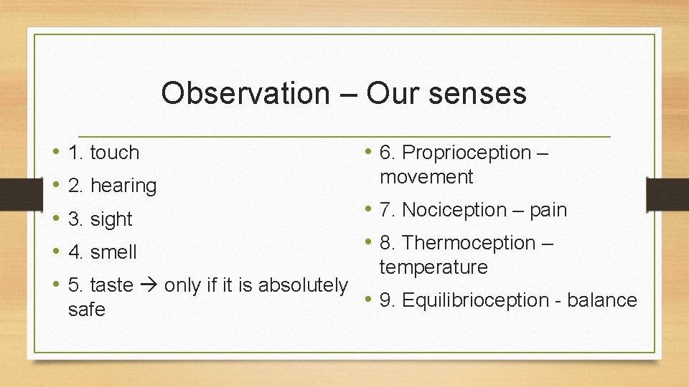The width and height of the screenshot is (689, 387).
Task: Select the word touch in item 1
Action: (114, 153)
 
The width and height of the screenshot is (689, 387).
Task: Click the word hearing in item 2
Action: (123, 186)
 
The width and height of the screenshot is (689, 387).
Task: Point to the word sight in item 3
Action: (111, 219)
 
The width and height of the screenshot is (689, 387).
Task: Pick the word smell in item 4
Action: (113, 252)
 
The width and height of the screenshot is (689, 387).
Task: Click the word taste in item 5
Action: (111, 285)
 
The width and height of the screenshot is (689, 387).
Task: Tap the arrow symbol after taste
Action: (149, 285)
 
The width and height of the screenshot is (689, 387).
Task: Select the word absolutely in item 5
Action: (302, 285)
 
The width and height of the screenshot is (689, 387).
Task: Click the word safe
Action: (86, 310)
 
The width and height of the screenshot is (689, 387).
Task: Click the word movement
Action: (426, 177)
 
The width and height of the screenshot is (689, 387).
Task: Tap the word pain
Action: (548, 210)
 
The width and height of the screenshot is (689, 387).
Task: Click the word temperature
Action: (433, 267)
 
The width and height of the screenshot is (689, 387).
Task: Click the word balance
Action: (601, 300)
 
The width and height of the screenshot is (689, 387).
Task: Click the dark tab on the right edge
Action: (667, 193)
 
